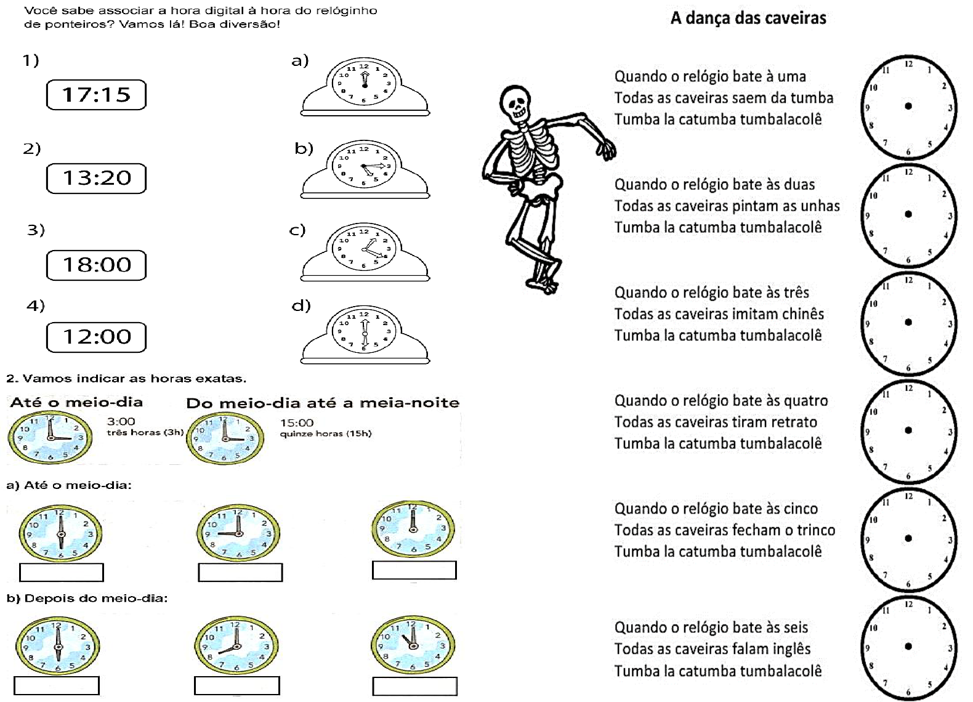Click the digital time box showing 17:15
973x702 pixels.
click(x=97, y=95)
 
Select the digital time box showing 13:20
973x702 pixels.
click(x=97, y=178)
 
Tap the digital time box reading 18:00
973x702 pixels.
click(x=97, y=265)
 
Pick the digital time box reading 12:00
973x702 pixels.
click(x=97, y=337)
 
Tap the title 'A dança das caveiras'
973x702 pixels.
click(x=748, y=18)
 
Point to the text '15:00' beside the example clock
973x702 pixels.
click(x=297, y=423)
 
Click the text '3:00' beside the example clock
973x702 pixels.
click(x=121, y=422)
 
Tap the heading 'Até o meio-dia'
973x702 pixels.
click(x=76, y=403)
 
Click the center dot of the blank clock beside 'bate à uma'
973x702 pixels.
click(x=908, y=106)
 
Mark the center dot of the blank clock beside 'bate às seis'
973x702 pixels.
click(x=908, y=646)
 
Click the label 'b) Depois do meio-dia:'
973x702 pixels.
click(x=87, y=599)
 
